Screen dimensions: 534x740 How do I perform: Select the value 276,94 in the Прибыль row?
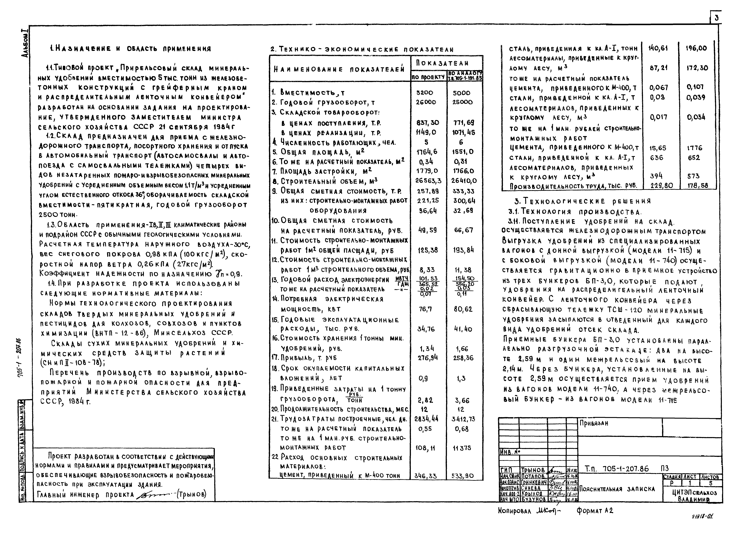pyautogui.click(x=427, y=358)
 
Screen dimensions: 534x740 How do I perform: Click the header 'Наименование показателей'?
pyautogui.click(x=339, y=69)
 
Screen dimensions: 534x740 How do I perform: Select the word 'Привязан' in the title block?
pyautogui.click(x=594, y=423)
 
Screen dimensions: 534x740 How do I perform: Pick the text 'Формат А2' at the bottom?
pyautogui.click(x=595, y=511)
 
